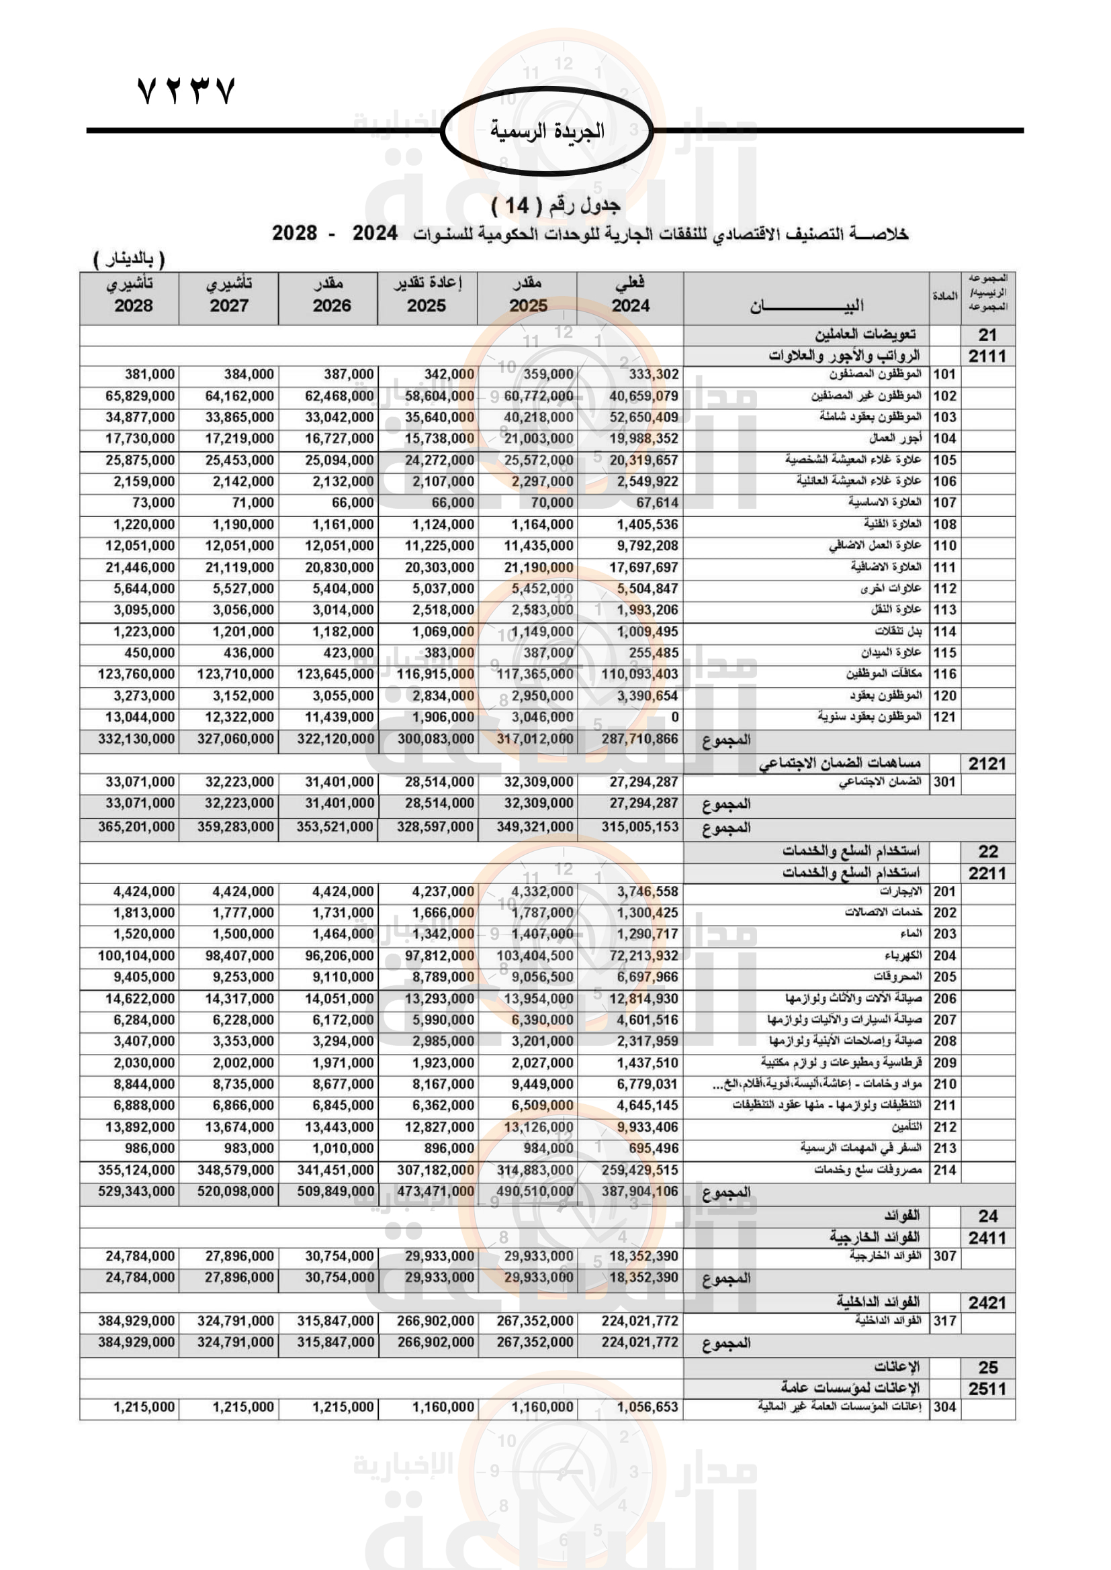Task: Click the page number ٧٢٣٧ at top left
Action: (x=186, y=91)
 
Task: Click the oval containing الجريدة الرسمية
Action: (x=547, y=131)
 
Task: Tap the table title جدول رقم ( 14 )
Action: (x=555, y=205)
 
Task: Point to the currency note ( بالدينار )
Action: (x=129, y=259)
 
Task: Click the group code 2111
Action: (x=987, y=356)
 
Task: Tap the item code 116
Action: (x=945, y=674)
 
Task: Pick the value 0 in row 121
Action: (x=674, y=718)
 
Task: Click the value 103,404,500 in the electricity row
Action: (x=535, y=956)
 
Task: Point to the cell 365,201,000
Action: (x=136, y=827)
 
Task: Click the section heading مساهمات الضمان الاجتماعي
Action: (x=840, y=764)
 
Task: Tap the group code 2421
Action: (x=987, y=1303)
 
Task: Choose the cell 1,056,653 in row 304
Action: (x=647, y=1408)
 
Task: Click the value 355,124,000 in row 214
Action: (x=136, y=1170)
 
